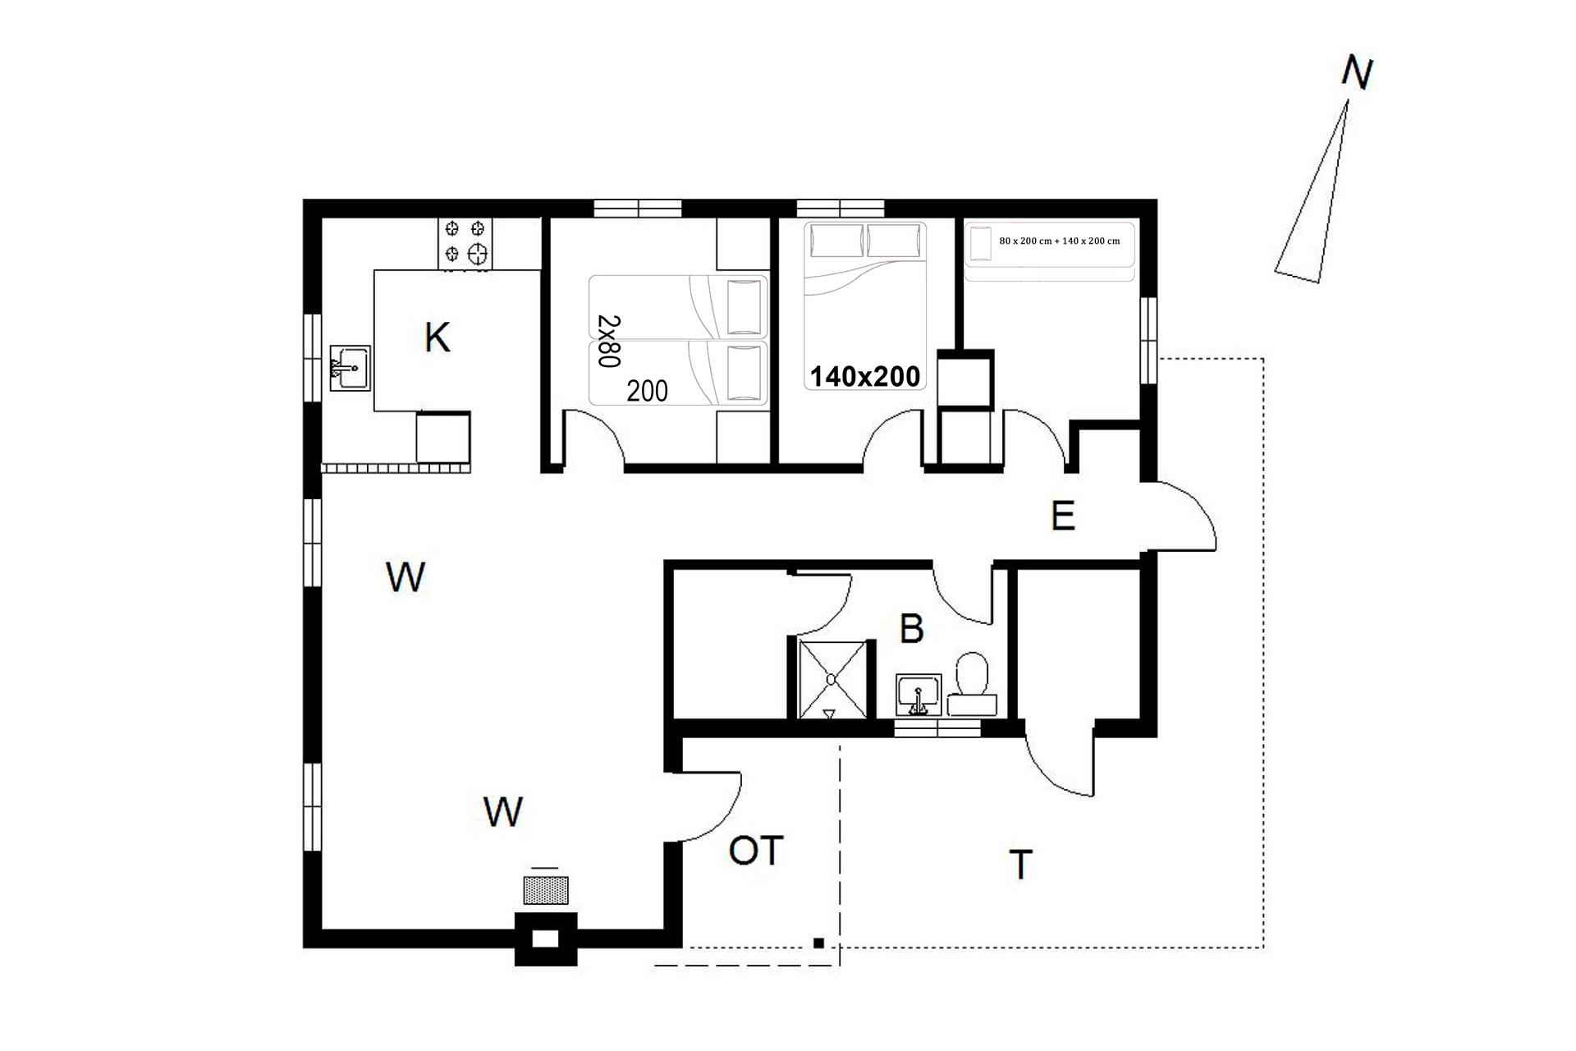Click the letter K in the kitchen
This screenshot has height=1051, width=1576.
[437, 337]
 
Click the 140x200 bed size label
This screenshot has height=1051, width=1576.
[865, 377]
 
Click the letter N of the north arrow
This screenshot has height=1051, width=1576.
[1357, 74]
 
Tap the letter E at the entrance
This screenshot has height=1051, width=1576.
[1063, 516]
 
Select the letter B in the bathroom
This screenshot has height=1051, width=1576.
[912, 629]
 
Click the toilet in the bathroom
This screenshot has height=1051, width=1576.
[973, 683]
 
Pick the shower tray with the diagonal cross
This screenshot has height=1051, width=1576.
[833, 680]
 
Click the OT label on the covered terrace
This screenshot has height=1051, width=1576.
[756, 851]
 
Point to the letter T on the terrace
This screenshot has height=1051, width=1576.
[1020, 865]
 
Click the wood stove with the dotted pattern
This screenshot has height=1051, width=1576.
[547, 891]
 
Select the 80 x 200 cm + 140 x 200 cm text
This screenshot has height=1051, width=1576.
[1059, 241]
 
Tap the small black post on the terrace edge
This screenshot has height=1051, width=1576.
[818, 943]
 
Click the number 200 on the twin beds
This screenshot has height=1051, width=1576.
[648, 392]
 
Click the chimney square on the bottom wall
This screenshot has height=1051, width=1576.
[547, 939]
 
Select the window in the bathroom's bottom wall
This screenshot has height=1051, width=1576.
[937, 727]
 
